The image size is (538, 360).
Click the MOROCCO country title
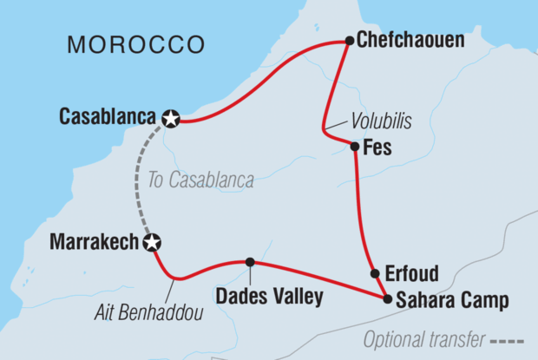[x=136, y=44]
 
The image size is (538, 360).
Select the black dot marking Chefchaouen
[x=349, y=40]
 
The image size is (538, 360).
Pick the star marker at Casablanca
[x=172, y=119]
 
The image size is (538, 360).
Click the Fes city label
[x=378, y=148]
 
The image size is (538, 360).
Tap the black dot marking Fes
[x=355, y=147]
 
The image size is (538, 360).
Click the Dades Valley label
[x=270, y=298]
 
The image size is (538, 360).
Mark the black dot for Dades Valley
[x=250, y=262]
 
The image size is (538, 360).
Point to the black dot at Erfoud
[x=375, y=273]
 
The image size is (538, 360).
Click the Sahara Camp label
[x=445, y=301]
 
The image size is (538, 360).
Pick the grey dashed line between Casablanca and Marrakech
[x=140, y=182]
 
